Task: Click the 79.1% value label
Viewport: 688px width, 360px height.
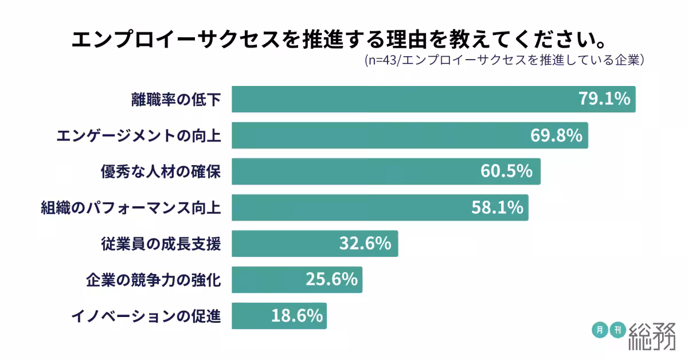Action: pos(604,99)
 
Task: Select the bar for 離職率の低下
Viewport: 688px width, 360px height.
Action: pos(401,99)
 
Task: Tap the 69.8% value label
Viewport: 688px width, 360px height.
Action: pos(556,135)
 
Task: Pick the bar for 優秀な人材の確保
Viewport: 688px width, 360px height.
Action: pos(355,171)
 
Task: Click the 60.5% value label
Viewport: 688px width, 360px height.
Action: pos(509,171)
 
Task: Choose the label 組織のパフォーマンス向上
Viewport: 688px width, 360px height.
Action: pos(131,208)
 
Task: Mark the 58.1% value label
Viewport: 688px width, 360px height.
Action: pos(497,208)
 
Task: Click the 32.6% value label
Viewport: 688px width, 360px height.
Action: pos(365,244)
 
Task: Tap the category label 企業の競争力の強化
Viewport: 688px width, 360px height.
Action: pos(153,280)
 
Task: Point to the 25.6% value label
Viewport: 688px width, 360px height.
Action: pos(331,280)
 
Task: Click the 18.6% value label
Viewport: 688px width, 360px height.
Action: pos(296,316)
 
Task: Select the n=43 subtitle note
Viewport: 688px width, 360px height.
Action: pos(505,60)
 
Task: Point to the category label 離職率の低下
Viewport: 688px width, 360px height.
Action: pos(175,99)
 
